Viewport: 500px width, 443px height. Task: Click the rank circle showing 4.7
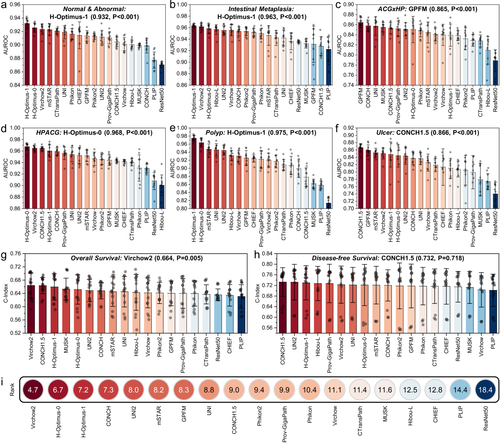pyautogui.click(x=33, y=390)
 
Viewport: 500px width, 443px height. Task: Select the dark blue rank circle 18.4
pyautogui.click(x=485, y=390)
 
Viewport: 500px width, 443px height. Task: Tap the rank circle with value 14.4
pyautogui.click(x=460, y=390)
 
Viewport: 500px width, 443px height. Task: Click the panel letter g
pyautogui.click(x=4, y=255)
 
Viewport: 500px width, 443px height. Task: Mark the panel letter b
pyautogui.click(x=172, y=5)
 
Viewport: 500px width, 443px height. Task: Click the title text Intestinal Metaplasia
pyautogui.click(x=261, y=9)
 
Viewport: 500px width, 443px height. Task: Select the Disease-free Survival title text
pyautogui.click(x=345, y=258)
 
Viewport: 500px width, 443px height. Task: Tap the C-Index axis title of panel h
pyautogui.click(x=257, y=293)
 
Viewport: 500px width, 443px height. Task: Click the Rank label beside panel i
pyautogui.click(x=12, y=390)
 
